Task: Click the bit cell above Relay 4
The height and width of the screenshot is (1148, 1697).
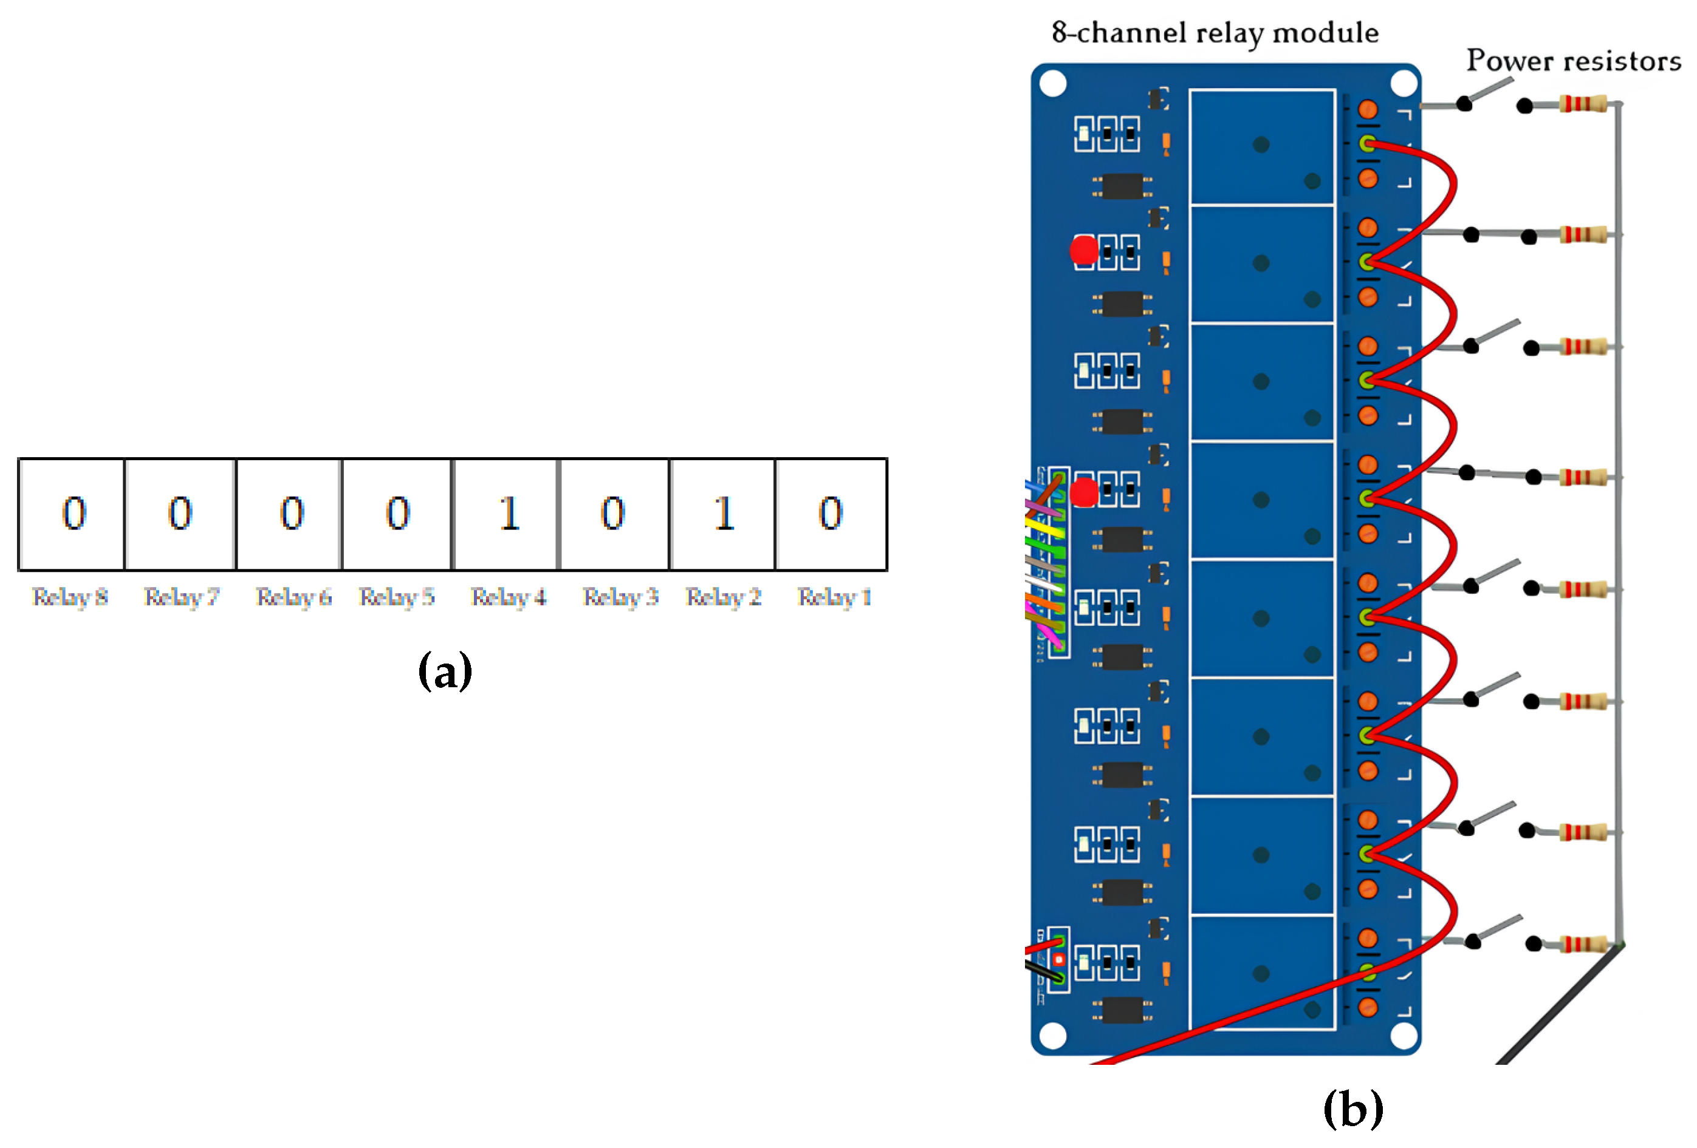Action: click(506, 514)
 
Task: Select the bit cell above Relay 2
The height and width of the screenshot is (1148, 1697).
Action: click(722, 514)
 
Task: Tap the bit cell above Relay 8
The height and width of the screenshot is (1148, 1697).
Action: click(72, 514)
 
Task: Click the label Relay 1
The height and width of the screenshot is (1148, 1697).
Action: click(834, 597)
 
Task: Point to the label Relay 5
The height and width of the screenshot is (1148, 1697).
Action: click(397, 597)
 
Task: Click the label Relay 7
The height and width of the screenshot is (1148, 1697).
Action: click(181, 597)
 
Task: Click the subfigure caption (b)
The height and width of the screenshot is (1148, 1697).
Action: click(1352, 1108)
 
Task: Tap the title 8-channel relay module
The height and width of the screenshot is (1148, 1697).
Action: click(1215, 33)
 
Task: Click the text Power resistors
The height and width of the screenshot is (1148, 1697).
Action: click(1573, 61)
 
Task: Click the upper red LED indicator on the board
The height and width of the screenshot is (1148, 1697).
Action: click(1083, 250)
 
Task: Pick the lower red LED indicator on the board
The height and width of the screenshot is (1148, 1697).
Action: click(1083, 492)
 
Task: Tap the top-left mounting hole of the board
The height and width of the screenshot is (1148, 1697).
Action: click(1052, 83)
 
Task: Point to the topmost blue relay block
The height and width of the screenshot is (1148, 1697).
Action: click(1261, 146)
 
